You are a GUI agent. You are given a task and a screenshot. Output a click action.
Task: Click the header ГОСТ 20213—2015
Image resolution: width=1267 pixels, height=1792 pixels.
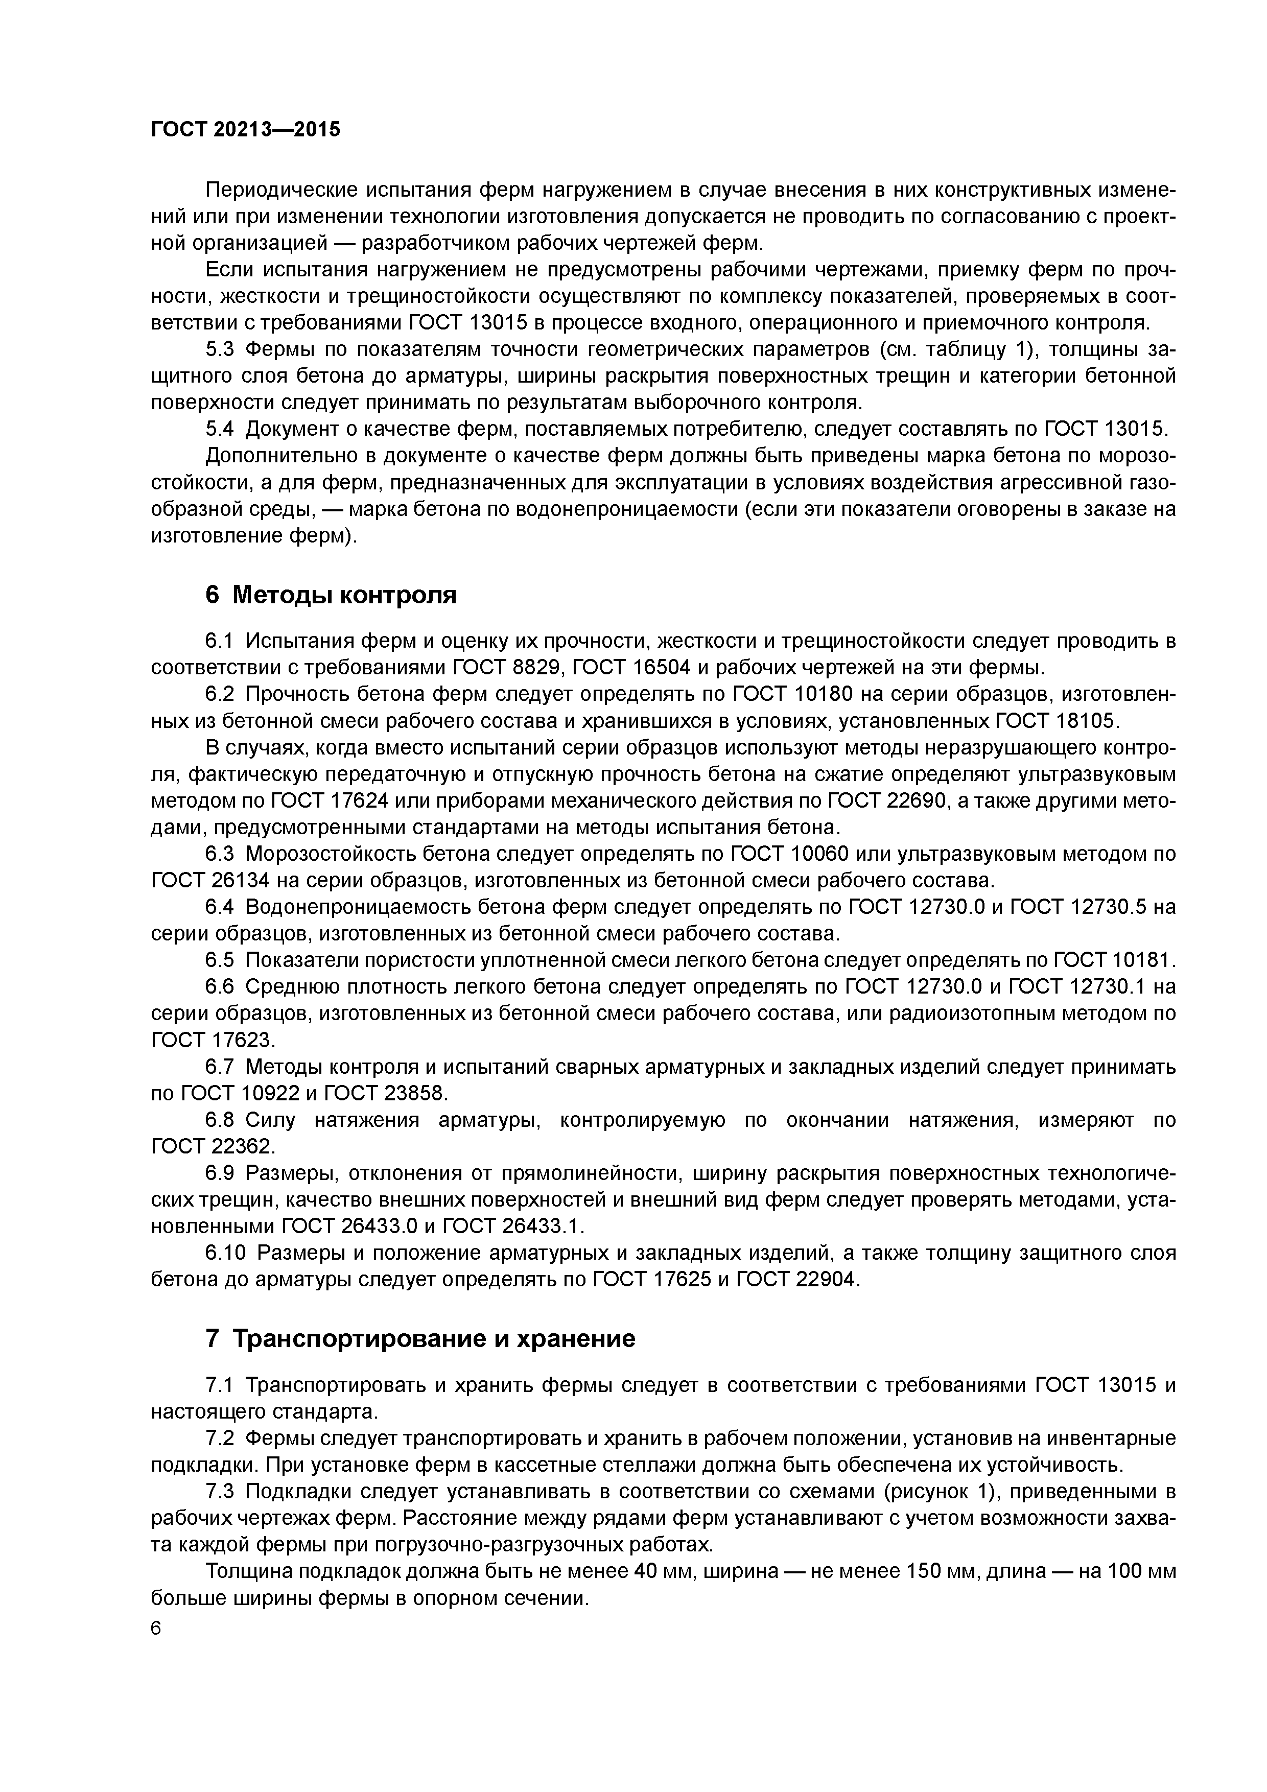pyautogui.click(x=245, y=129)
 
